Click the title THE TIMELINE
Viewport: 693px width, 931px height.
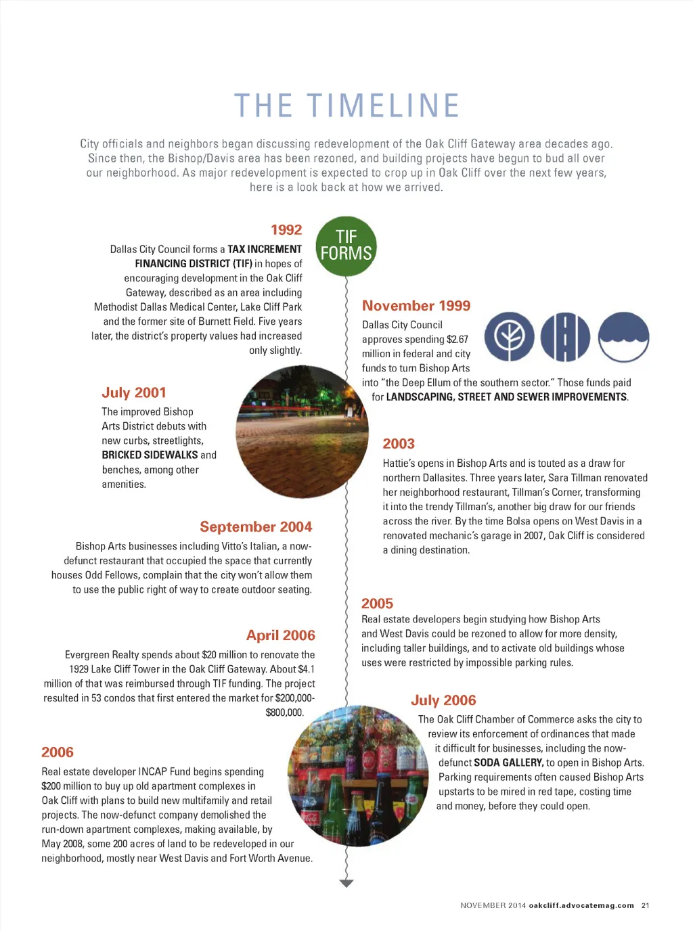tap(346, 106)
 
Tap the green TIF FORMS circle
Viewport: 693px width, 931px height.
tap(346, 246)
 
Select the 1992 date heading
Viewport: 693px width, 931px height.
tap(286, 230)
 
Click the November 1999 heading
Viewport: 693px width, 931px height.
tap(416, 306)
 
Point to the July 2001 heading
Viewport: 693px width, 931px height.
tap(134, 393)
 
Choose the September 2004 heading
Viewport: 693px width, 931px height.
tap(256, 527)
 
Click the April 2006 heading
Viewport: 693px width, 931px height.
tap(281, 635)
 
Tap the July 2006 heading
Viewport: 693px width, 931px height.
tap(443, 700)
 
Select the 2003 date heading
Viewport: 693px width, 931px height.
tap(399, 444)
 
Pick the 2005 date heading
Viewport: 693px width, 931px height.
tap(377, 604)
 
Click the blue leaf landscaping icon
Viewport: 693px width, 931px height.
tap(510, 337)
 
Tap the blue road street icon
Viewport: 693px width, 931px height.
tap(566, 337)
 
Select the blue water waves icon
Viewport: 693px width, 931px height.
tap(624, 337)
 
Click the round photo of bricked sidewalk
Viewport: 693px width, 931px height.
tap(302, 432)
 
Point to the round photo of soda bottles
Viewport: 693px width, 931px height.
tap(358, 776)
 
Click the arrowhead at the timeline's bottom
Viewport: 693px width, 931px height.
tap(346, 883)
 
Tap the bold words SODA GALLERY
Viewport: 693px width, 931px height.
tap(508, 763)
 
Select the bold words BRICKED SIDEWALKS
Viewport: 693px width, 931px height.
tap(150, 455)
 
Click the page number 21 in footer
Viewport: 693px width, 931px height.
tap(646, 905)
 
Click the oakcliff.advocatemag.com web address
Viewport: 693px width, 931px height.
tap(581, 905)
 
